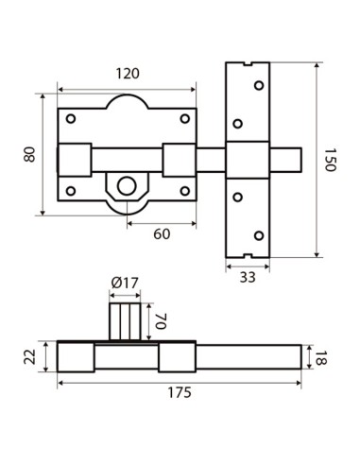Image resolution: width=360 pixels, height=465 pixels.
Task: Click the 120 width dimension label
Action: point(128,73)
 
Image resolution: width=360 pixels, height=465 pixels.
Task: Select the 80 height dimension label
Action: point(29,154)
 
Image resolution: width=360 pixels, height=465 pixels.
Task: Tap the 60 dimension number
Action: point(162,233)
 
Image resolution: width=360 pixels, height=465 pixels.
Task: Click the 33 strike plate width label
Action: point(248,277)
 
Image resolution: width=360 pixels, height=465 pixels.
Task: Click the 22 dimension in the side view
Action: point(29,356)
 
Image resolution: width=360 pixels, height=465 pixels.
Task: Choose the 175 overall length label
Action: point(180,392)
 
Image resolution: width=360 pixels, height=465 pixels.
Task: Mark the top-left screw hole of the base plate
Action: point(72,119)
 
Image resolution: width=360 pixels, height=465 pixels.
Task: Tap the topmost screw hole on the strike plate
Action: point(257,84)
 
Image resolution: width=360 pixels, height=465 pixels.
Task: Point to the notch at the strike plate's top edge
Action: point(248,65)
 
